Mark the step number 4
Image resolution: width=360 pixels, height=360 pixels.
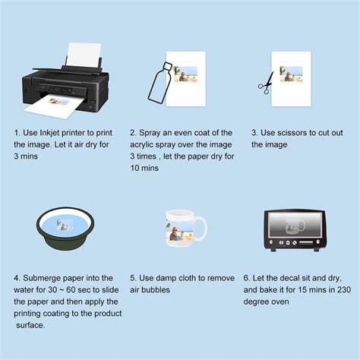coord(16,278)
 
